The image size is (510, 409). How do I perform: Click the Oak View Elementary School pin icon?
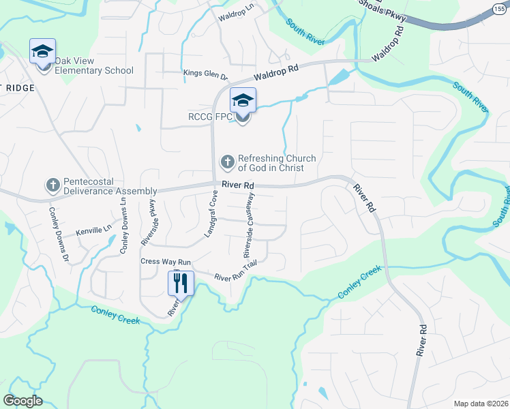click(x=42, y=52)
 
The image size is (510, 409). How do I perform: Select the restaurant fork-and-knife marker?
click(x=181, y=283)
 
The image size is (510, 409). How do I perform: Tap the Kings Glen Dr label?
click(x=205, y=73)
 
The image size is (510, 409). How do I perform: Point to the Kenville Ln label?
click(x=93, y=232)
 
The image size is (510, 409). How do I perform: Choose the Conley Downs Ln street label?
click(x=123, y=226)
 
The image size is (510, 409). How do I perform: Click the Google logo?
click(x=23, y=401)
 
